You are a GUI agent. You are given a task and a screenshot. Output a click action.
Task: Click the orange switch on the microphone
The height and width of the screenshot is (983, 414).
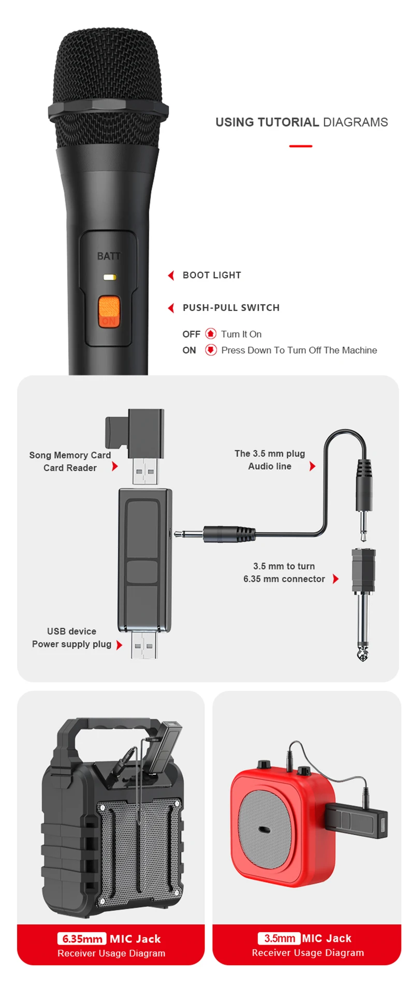coord(109,312)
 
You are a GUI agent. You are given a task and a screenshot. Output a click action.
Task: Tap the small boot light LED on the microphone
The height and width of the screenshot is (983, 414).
coord(109,277)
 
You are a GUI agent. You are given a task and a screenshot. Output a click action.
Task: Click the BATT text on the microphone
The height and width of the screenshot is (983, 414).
coord(109,256)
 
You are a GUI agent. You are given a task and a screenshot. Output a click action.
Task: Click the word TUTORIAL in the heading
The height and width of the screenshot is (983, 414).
coord(288,122)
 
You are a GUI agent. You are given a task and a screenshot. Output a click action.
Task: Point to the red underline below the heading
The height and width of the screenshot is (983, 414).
coord(300,146)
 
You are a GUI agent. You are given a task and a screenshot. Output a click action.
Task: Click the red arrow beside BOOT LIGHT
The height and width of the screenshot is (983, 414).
coord(171,275)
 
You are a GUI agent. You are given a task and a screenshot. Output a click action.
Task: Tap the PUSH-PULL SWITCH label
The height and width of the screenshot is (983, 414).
coord(231,308)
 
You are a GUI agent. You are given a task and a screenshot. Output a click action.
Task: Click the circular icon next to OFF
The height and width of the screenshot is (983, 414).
coord(211,334)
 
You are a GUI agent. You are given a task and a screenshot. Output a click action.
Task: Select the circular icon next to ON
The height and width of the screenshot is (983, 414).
coord(211,350)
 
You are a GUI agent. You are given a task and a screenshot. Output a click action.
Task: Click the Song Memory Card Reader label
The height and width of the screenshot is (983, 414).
coord(70,461)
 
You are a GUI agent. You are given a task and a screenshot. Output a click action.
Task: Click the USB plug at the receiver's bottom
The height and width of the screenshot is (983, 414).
coord(144,645)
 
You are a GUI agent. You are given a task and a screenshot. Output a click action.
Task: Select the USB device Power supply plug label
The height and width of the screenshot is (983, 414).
coord(71,638)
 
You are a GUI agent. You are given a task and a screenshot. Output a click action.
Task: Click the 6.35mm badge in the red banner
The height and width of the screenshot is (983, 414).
coord(82,938)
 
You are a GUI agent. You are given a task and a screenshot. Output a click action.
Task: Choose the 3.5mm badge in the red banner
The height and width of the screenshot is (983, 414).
coord(279,938)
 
